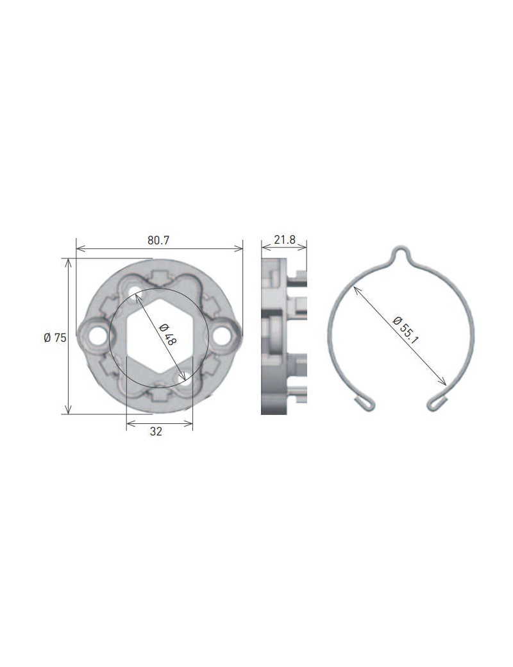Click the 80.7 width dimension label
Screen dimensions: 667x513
[158, 241]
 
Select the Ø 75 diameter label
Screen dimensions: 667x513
[55, 338]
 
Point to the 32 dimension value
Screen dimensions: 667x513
[156, 432]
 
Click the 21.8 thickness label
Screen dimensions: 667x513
[284, 240]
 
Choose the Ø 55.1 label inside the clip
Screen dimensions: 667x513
[405, 331]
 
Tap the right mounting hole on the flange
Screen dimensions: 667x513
[224, 335]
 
